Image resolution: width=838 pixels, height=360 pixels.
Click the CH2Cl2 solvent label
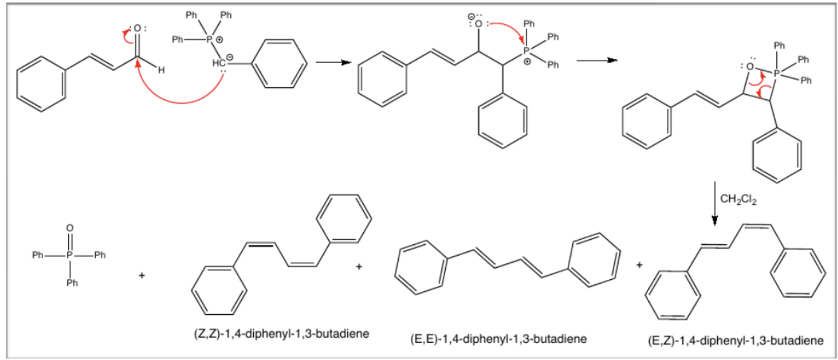coord(738,199)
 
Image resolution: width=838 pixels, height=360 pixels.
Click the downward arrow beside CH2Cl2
coord(715,204)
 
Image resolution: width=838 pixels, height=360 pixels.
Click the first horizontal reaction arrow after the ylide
coord(332,62)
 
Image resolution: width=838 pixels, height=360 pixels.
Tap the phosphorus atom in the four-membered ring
coord(776,73)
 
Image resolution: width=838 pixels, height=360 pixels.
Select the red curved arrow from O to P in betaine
coord(507,29)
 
